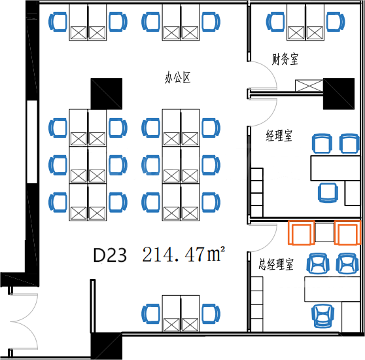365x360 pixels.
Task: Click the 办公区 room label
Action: (x=178, y=78)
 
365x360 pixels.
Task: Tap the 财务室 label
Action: (x=285, y=59)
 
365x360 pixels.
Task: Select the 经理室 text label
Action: (x=279, y=135)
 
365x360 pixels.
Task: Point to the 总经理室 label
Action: (x=276, y=264)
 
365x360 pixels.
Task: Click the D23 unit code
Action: (x=110, y=255)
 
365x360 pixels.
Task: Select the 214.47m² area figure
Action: (x=184, y=254)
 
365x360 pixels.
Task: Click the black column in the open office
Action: (x=107, y=94)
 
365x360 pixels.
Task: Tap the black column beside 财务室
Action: (x=339, y=94)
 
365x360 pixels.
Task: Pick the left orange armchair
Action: (x=302, y=232)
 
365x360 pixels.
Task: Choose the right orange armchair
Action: (x=347, y=232)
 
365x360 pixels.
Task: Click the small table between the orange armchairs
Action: (x=324, y=232)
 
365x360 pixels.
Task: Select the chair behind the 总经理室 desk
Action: (x=323, y=315)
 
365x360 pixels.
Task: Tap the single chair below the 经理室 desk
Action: (x=328, y=192)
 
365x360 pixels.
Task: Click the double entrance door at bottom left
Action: (x=24, y=321)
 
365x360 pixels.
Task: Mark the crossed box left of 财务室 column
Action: (x=309, y=86)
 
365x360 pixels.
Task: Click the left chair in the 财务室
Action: (x=275, y=22)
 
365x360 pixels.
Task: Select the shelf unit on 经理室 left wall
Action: (x=257, y=192)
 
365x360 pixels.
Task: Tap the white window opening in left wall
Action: (x=32, y=142)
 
